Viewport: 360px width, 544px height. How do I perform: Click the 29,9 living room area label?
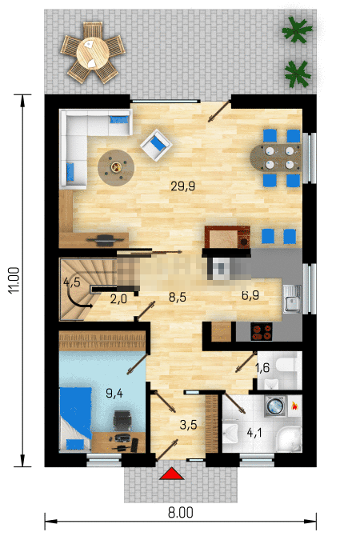(182, 186)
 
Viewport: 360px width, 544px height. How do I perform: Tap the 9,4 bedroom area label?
(114, 393)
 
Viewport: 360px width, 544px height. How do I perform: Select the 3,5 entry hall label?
(188, 424)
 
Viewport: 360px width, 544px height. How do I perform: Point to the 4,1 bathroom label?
(254, 433)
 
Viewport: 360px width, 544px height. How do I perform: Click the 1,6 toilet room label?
(262, 367)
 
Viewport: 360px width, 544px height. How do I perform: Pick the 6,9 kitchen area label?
(250, 295)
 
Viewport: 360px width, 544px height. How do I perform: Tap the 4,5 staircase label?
(71, 282)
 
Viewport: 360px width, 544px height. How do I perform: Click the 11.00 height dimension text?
(14, 280)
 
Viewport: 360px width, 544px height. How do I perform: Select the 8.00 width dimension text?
(180, 513)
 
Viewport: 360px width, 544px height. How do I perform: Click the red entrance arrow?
(171, 474)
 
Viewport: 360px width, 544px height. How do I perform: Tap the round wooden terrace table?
(93, 54)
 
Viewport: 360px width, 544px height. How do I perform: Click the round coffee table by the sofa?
(116, 168)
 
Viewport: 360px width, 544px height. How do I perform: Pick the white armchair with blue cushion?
(156, 145)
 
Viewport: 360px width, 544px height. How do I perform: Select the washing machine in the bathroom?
(275, 406)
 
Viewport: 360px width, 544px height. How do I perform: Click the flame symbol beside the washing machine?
(294, 406)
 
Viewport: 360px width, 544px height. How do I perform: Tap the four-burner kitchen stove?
(262, 332)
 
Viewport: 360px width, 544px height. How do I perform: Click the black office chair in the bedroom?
(122, 421)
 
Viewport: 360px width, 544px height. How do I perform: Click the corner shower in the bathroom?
(289, 439)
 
